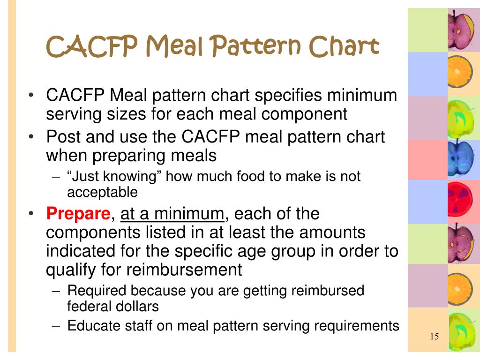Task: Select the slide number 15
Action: tap(434, 337)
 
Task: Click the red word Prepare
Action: tap(77, 214)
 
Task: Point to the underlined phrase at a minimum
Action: tap(173, 214)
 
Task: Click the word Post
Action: tap(64, 137)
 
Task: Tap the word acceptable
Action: tap(102, 192)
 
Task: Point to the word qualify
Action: tap(72, 270)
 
